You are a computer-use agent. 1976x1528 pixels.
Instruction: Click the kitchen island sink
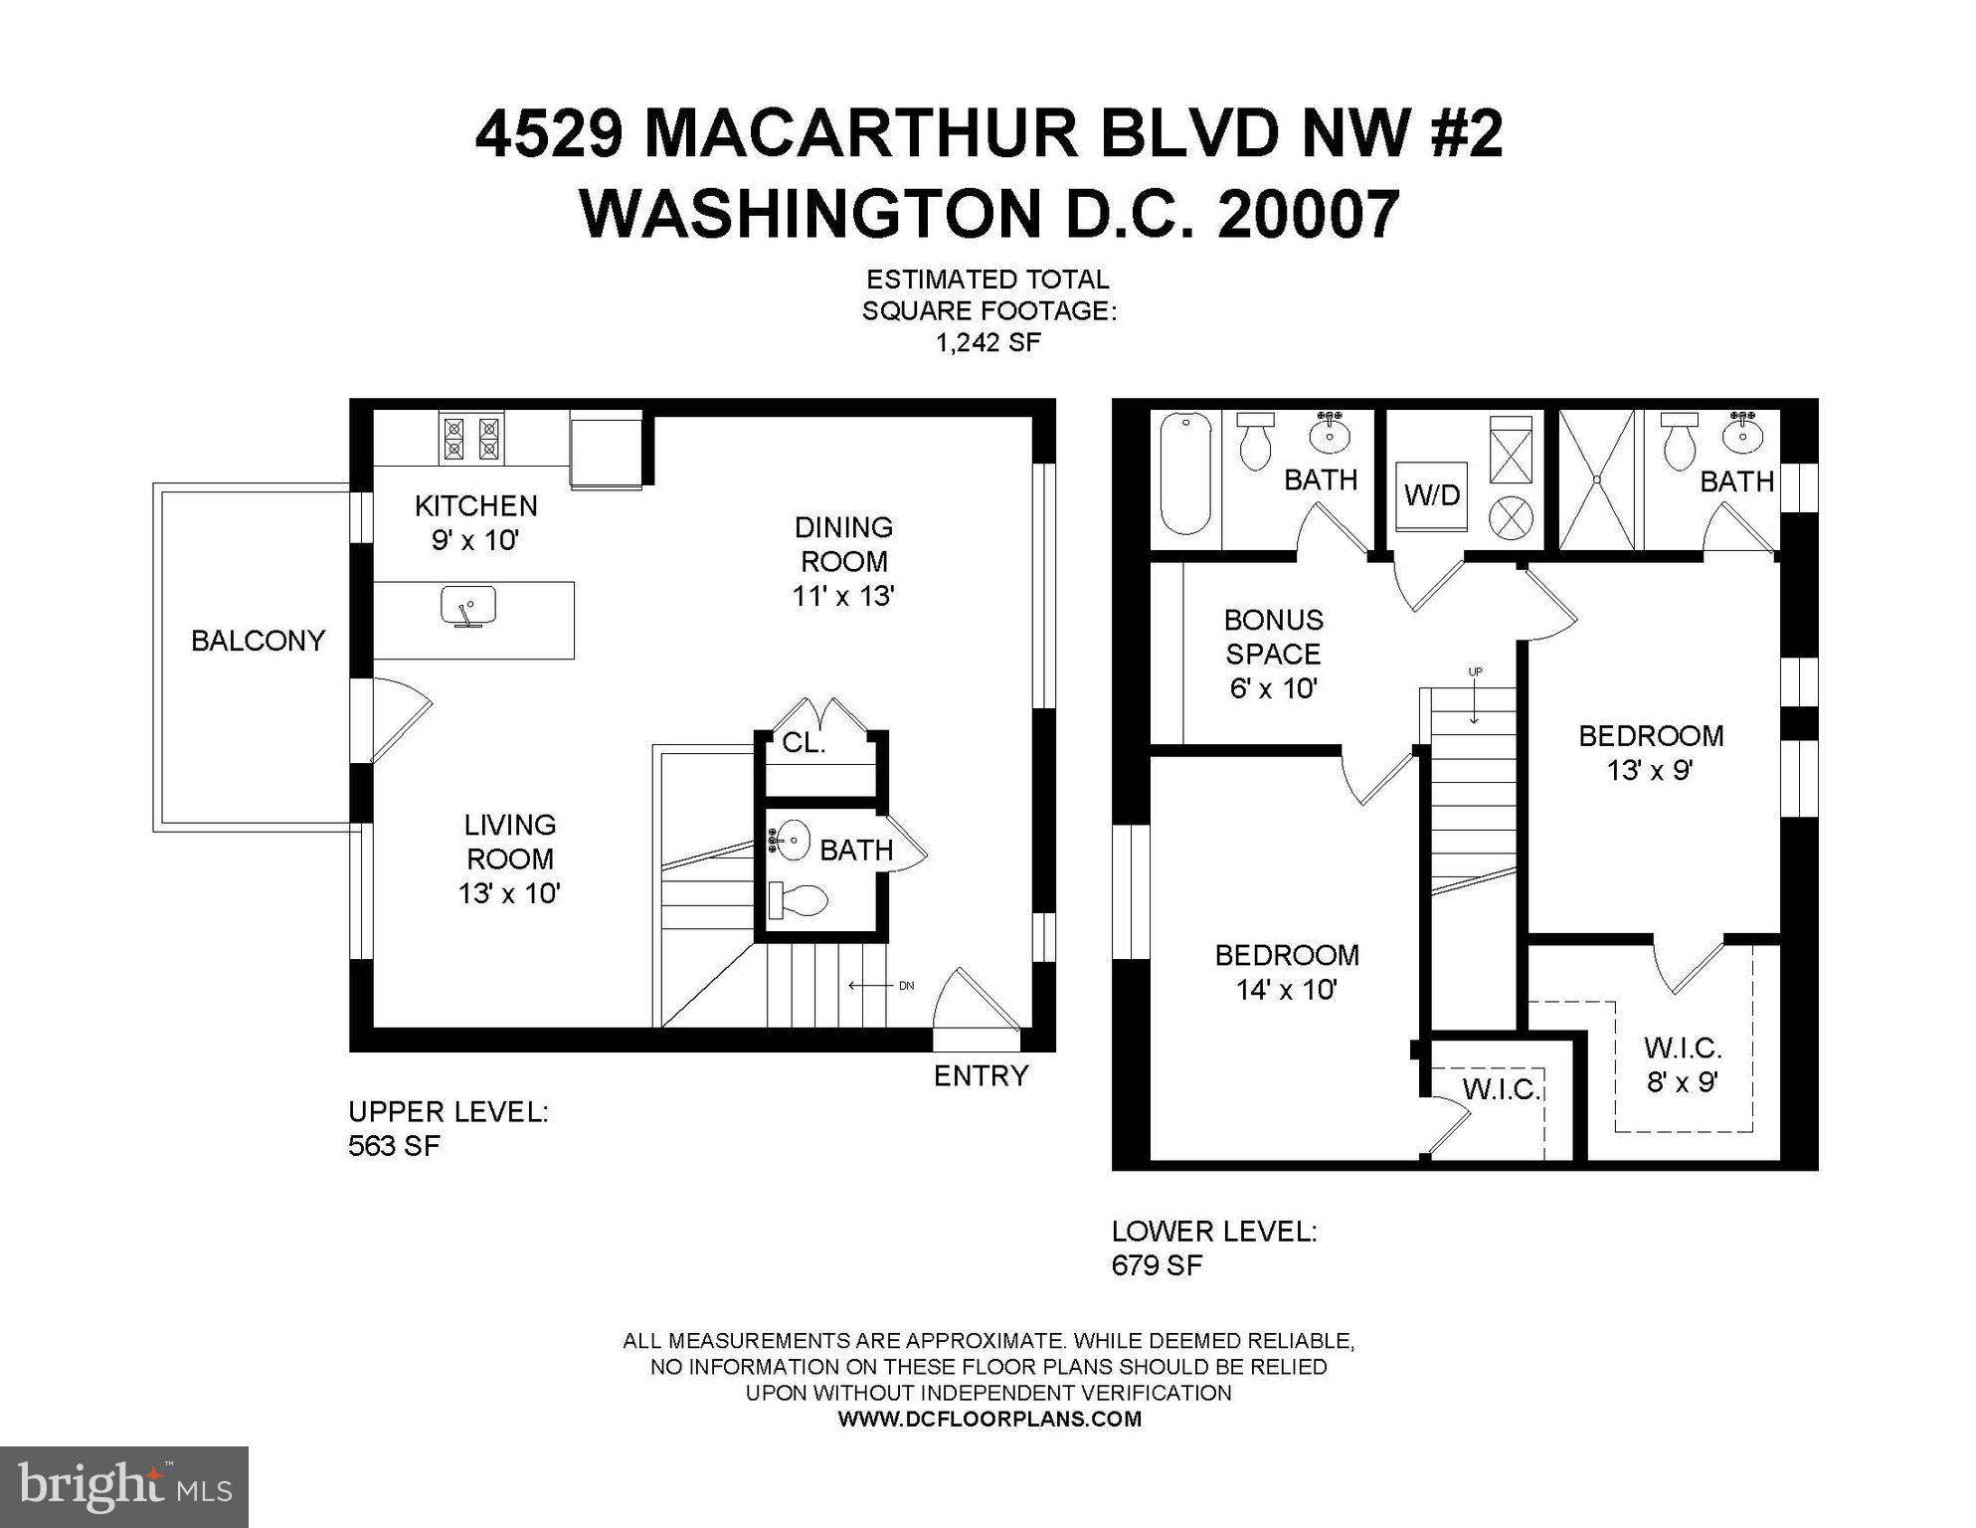468,607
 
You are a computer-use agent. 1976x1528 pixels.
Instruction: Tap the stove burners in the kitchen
471,438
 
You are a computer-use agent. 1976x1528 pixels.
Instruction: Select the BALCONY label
258,641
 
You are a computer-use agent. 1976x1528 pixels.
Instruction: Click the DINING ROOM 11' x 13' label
843,562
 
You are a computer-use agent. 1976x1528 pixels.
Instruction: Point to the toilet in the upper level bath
799,901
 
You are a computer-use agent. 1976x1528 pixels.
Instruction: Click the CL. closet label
804,743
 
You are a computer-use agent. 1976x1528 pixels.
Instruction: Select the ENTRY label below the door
981,1076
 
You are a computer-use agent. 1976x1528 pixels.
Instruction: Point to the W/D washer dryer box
1432,494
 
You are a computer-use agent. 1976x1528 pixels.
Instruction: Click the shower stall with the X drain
1596,479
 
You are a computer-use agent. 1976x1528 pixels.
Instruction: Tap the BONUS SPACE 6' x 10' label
1273,654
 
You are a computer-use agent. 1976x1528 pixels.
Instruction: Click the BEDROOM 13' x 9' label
1651,753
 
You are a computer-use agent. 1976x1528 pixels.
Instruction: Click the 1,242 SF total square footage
988,343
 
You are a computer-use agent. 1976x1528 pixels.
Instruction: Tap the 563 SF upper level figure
394,1146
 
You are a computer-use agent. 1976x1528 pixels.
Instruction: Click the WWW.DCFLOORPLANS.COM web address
988,1420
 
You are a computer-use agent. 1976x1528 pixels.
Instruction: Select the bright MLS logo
123,1487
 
